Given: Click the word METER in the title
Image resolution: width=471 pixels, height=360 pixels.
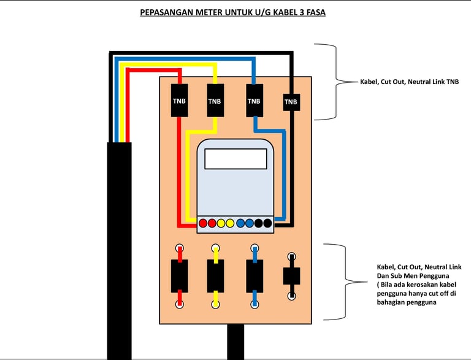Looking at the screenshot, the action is click(207, 12).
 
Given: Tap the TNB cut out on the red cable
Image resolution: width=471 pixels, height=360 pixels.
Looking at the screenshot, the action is click(180, 101).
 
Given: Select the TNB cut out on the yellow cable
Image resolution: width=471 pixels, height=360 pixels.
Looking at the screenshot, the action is click(215, 101).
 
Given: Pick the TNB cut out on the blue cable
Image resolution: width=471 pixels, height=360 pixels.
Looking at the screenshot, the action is click(255, 101).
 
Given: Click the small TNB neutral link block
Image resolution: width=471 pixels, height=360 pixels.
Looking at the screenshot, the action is click(291, 102).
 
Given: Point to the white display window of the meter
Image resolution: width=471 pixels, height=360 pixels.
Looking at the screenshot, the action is click(235, 159).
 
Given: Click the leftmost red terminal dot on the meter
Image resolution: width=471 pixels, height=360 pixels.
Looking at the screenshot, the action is click(203, 223).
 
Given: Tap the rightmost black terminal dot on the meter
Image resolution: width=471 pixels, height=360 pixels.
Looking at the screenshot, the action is click(267, 223).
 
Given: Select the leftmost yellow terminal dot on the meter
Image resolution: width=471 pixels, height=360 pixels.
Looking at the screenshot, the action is click(221, 223).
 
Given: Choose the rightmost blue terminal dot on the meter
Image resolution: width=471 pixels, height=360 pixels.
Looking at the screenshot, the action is click(250, 223).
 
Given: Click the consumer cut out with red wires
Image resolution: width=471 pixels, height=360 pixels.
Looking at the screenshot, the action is click(180, 276).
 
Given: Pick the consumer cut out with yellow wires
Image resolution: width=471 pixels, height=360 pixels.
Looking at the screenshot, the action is click(215, 276).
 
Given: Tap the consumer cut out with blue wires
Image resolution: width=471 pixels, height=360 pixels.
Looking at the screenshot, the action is click(255, 276).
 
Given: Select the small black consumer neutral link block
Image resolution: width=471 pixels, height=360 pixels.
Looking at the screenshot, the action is click(291, 276).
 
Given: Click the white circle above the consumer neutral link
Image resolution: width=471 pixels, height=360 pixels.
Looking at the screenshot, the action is click(291, 257).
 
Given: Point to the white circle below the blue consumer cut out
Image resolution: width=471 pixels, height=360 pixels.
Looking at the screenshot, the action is click(255, 304).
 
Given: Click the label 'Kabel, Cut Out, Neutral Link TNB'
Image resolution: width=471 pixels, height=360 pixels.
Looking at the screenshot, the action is click(410, 82).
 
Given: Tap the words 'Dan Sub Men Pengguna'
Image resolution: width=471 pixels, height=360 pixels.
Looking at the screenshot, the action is click(413, 276).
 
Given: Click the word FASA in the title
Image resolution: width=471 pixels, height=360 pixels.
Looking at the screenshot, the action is click(316, 12).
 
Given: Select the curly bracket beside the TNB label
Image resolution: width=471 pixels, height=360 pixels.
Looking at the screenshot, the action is click(336, 82).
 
